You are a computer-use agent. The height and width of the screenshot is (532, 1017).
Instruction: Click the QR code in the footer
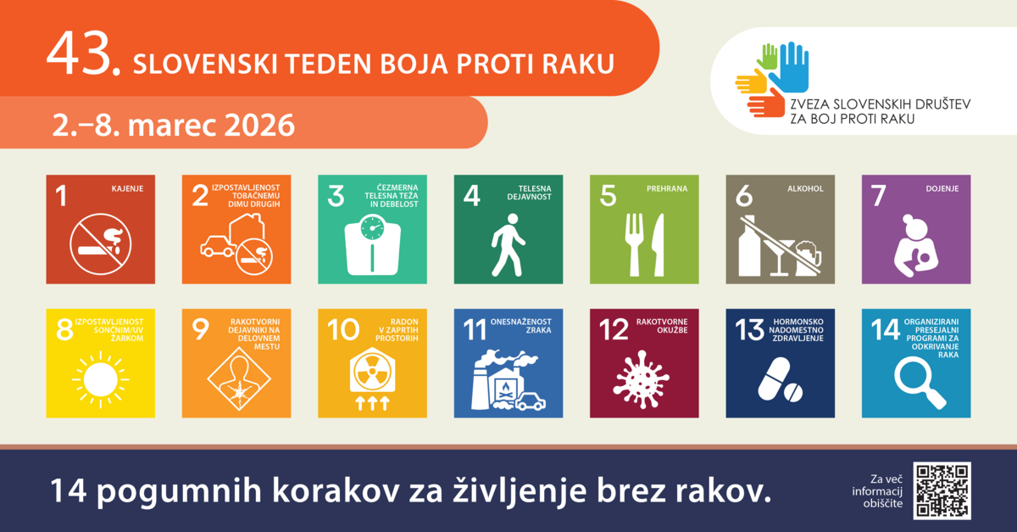point(942,490)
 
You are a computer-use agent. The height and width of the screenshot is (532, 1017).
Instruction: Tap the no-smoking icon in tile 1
point(100,244)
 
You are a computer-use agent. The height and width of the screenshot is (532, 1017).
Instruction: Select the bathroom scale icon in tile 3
point(372,245)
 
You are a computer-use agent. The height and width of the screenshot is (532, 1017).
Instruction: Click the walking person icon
point(508,245)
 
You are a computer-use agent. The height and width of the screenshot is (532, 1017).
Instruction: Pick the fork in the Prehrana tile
point(634,245)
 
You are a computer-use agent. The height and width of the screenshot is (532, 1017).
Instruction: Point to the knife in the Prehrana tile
point(658,245)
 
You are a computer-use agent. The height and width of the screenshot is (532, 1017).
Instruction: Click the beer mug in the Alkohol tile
point(809,258)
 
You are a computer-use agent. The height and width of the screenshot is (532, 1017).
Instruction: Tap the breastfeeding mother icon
point(916,245)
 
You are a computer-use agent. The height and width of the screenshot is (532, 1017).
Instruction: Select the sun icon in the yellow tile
point(100,379)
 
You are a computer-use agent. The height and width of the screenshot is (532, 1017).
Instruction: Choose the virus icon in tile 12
point(641,378)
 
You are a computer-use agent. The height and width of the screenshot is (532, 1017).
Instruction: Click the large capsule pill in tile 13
point(774,378)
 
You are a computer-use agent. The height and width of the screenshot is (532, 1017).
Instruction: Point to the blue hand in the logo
point(789,67)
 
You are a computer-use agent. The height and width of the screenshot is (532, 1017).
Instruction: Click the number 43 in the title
point(84,53)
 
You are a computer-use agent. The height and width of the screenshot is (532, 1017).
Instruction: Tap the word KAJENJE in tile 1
point(128,188)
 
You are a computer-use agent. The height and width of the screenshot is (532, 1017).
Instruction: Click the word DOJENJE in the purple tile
point(942,188)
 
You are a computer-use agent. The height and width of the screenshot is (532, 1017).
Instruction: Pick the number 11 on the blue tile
point(475,330)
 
